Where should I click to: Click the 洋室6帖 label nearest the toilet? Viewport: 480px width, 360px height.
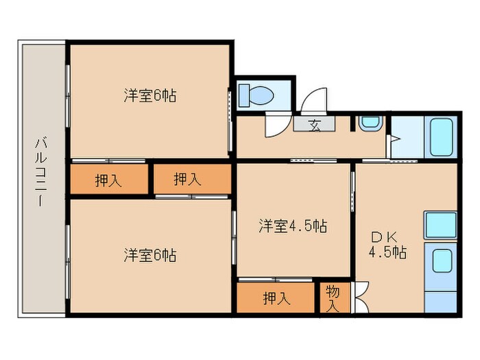(x=150, y=96)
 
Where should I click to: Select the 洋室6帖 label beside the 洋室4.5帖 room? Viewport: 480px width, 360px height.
(x=150, y=256)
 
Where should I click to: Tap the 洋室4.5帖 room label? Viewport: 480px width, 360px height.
(x=292, y=226)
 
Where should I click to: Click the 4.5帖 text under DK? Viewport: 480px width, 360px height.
(x=387, y=252)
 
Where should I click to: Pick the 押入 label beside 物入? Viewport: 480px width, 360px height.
(x=277, y=298)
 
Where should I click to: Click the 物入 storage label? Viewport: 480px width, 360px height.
(x=333, y=298)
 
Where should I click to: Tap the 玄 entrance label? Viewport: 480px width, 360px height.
(x=314, y=124)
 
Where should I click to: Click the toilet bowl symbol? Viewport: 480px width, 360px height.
(x=256, y=95)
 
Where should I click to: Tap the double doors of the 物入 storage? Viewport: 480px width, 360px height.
(x=361, y=298)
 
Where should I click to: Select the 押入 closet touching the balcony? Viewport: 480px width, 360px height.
(x=108, y=180)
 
